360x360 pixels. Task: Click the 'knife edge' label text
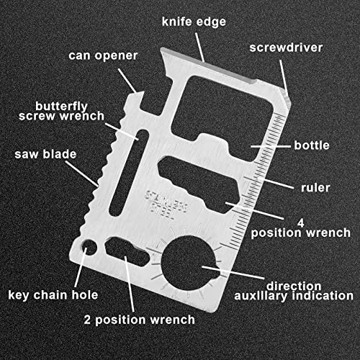pos(194,22)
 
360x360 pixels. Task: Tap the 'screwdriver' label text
pos(286,48)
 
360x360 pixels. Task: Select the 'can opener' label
pos(103,56)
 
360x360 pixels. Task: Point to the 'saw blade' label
pos(45,154)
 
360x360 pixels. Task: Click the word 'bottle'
pos(312,145)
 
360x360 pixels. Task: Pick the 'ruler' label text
pos(315,188)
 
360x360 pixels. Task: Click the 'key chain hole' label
pos(53,295)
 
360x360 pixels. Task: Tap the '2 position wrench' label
pos(139,320)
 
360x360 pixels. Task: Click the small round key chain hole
pos(89,247)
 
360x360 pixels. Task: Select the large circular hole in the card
pos(189,263)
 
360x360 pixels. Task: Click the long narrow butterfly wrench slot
pos(129,173)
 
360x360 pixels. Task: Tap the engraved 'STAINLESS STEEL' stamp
pos(166,204)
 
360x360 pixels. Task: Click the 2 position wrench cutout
pos(127,251)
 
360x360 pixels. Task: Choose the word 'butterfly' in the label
pos(61,107)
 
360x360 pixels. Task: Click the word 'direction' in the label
pos(294,286)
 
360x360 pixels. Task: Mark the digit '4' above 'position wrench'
pos(301,223)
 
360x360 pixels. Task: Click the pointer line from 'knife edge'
pos(199,48)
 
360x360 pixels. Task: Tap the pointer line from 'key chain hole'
pos(81,267)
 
